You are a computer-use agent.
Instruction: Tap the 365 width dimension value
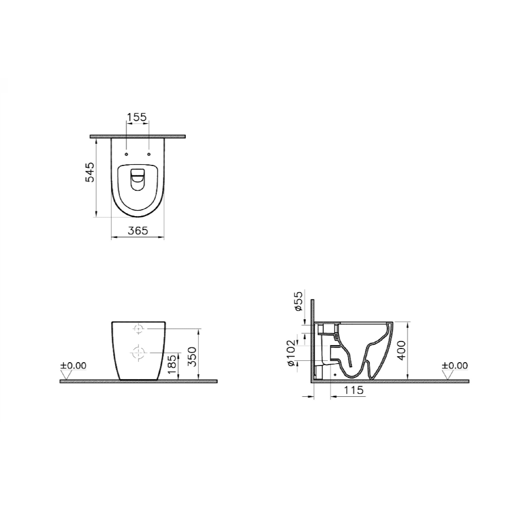coord(138,230)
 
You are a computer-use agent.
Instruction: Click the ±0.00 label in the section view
coord(455,366)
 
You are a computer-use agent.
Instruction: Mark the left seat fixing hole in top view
coord(127,154)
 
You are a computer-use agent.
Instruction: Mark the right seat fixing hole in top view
coord(149,154)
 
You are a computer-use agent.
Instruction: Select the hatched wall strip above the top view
coord(138,136)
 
